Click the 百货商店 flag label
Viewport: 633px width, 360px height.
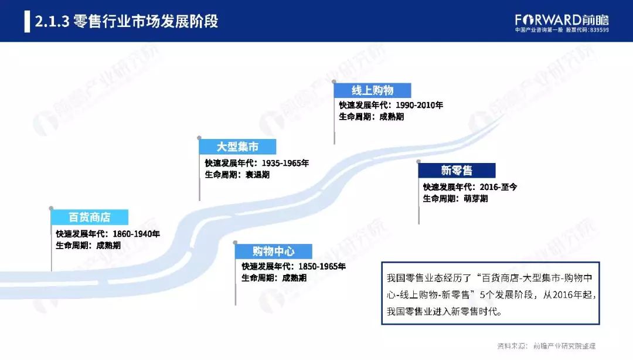tap(89, 217)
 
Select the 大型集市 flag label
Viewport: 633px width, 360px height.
tap(237, 147)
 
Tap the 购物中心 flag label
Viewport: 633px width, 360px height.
tap(273, 252)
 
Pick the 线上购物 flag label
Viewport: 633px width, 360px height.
tap(372, 90)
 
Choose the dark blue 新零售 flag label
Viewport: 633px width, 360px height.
tap(457, 170)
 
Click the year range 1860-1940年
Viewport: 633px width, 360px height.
tap(137, 234)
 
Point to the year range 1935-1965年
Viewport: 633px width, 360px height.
tap(285, 163)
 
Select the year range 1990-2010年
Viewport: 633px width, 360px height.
tap(420, 105)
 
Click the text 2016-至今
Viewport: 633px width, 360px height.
tap(498, 187)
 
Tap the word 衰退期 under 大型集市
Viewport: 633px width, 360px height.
tap(257, 175)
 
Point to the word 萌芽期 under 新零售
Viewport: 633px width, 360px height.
tap(475, 199)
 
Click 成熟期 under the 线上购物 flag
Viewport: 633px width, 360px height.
tap(392, 117)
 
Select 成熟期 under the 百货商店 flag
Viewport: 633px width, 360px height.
tap(108, 246)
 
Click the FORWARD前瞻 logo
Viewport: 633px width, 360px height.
tap(561, 20)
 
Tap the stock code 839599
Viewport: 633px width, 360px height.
tap(600, 30)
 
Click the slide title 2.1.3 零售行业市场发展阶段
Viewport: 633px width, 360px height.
tap(127, 21)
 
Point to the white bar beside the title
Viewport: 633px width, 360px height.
tap(27, 22)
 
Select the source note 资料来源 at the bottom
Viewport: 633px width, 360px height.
tap(546, 346)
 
